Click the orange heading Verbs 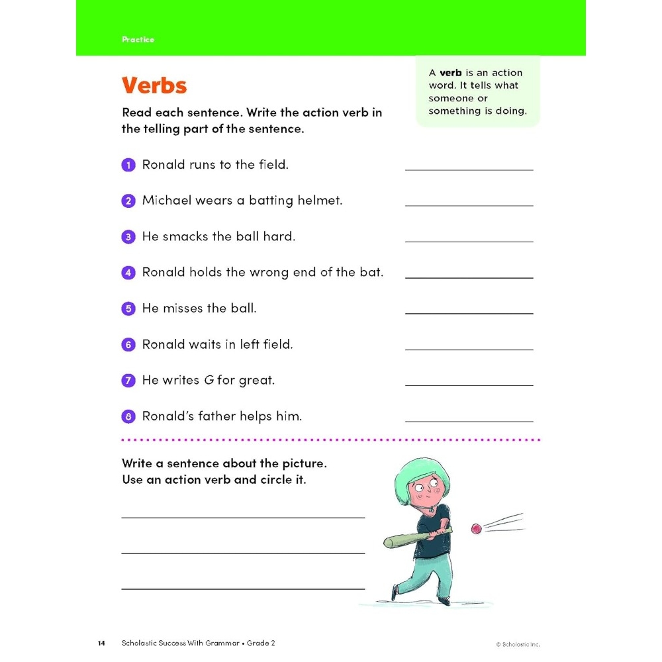(154, 86)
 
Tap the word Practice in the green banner (138, 40)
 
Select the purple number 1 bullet (128, 165)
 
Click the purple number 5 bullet (128, 309)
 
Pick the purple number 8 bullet (128, 417)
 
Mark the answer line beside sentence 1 (469, 169)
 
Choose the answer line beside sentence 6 (469, 349)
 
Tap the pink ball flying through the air (475, 528)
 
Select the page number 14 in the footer (101, 643)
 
